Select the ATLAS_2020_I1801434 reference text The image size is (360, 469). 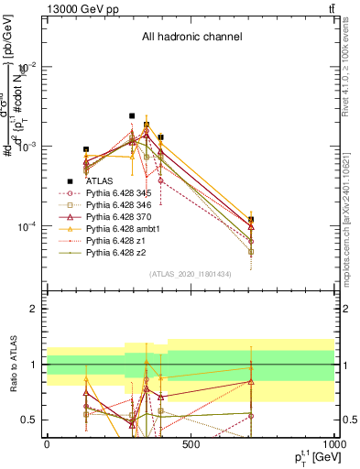point(191,274)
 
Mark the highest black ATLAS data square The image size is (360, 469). point(132,116)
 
